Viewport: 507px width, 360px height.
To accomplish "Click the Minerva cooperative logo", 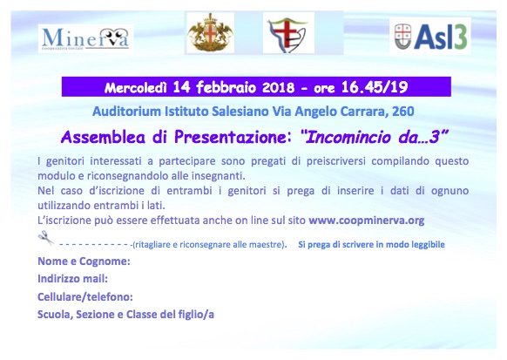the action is tap(85, 39).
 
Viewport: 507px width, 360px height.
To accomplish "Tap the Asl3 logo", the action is tap(430, 37).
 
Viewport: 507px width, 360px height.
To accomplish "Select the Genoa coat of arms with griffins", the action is tap(211, 33).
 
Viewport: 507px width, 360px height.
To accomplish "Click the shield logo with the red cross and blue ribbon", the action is tap(288, 33).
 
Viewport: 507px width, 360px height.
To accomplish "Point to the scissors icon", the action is tap(46, 238).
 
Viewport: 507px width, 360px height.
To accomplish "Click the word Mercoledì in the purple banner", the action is tap(136, 88).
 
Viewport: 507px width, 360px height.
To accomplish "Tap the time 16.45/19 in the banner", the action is tap(375, 87).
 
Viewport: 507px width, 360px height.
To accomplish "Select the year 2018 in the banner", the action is tap(279, 88).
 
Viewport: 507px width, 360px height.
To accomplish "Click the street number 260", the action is tap(402, 112).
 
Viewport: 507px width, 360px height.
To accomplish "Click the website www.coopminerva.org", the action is tap(367, 221).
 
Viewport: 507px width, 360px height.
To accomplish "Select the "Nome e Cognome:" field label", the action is tap(84, 261).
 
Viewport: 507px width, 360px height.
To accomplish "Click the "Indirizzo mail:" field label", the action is tap(73, 278).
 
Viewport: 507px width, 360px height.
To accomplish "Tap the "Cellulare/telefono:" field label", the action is tap(85, 296).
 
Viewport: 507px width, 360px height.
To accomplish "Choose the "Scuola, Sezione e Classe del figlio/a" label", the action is tap(125, 315).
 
